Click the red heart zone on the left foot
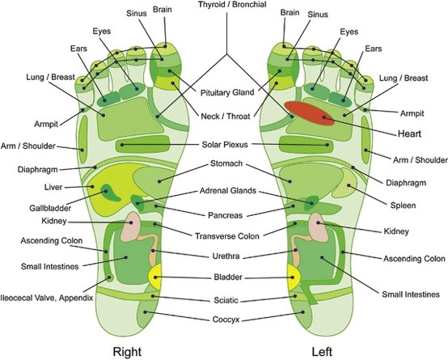click(x=313, y=112)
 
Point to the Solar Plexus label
click(x=224, y=146)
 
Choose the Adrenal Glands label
click(x=224, y=192)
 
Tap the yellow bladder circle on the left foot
click(x=293, y=278)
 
